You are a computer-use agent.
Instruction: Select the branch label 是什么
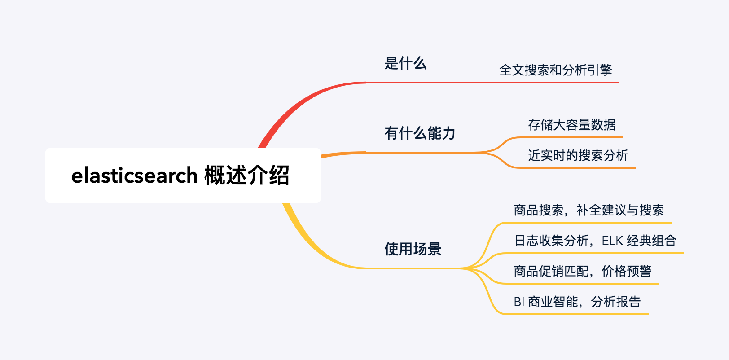[405, 63]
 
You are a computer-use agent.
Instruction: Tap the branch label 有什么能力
[420, 133]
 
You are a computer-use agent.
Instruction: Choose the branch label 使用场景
[413, 249]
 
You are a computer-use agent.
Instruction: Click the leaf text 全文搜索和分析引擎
[555, 70]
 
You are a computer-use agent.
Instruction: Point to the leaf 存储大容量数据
[571, 125]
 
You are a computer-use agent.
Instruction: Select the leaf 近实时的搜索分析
[578, 155]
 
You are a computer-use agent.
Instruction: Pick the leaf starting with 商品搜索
[588, 210]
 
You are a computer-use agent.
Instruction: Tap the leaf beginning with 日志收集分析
[595, 241]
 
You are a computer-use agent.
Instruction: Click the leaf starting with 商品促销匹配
[582, 271]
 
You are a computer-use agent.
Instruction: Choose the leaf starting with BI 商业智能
[577, 302]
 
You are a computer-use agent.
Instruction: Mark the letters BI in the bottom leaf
[519, 302]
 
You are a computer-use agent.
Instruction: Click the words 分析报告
[615, 302]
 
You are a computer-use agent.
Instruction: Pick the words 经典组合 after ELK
[651, 241]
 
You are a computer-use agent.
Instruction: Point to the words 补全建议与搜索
[620, 210]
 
